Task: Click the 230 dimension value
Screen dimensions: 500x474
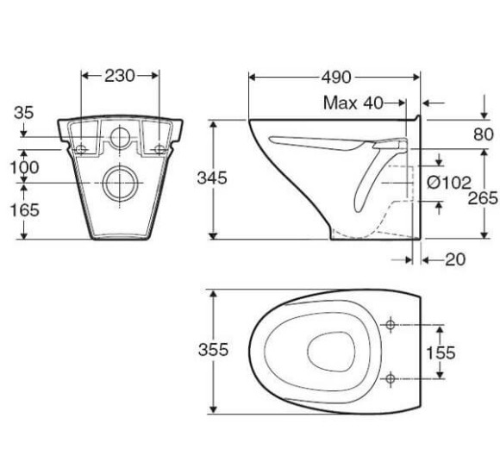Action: click(120, 76)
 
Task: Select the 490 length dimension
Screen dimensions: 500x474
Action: click(336, 78)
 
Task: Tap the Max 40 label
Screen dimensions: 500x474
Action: click(353, 103)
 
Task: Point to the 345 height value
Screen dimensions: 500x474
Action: click(212, 178)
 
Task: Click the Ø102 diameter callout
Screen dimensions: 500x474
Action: click(449, 183)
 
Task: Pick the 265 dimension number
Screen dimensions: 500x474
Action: click(483, 198)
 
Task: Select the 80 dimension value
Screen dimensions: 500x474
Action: click(484, 134)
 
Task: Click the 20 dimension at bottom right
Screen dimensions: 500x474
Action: click(455, 259)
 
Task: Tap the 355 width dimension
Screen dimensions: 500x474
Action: click(213, 349)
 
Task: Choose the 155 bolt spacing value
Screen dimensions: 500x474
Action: click(441, 352)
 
